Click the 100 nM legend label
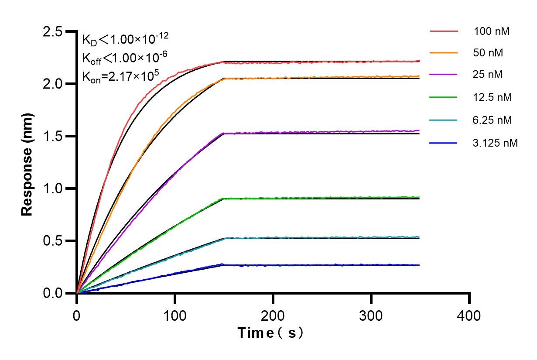[x=492, y=31]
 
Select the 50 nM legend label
[x=488, y=53]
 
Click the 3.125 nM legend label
[x=495, y=143]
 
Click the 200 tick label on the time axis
[x=273, y=315]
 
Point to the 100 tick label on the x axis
[x=175, y=315]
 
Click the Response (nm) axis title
[x=27, y=162]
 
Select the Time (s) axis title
[x=270, y=333]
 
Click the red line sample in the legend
[x=444, y=31]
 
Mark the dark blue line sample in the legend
[x=444, y=143]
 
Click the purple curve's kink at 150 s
[x=224, y=133]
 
